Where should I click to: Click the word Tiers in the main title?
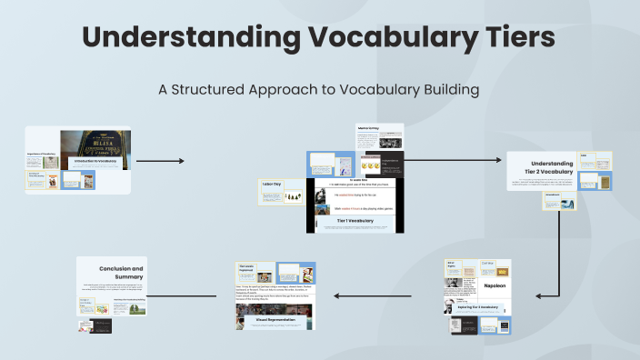tap(514, 38)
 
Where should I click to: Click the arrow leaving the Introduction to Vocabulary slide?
tap(159, 161)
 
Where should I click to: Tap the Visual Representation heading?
tap(274, 319)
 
